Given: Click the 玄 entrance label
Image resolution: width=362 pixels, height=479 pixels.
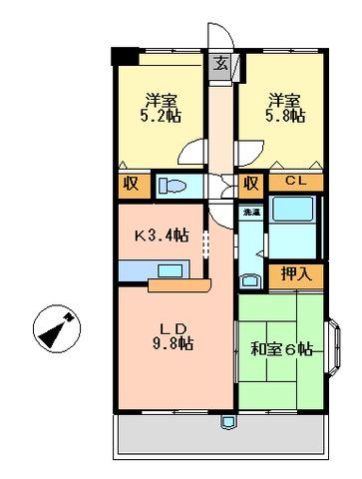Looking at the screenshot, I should (220, 65).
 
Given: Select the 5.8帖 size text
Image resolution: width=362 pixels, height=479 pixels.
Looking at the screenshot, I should (285, 116).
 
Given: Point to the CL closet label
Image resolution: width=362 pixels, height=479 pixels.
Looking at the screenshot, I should (296, 182).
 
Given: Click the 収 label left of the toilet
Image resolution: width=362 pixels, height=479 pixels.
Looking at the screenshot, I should (131, 184).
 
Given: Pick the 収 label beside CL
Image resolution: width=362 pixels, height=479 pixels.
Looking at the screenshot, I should (250, 184).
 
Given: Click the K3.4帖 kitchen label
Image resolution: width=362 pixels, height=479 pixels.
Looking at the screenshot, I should (163, 237).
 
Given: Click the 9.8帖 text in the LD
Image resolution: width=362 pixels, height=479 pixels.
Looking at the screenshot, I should (172, 343).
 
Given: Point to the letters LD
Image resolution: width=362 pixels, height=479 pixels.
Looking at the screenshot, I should (172, 327).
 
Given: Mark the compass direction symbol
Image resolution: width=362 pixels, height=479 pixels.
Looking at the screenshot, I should (53, 328).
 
